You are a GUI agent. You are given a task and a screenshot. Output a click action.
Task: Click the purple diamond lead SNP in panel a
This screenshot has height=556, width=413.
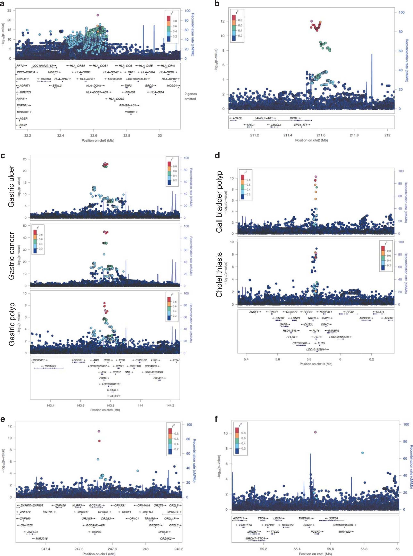(x=98, y=15)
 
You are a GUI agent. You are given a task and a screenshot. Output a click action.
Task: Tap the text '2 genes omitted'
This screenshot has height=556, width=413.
(x=191, y=96)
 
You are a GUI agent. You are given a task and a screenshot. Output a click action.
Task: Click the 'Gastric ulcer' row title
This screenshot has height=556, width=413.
(x=11, y=186)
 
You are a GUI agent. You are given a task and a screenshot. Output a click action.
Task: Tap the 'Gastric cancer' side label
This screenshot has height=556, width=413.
(x=11, y=256)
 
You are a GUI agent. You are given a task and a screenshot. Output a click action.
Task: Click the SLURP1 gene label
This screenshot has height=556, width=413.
(x=114, y=396)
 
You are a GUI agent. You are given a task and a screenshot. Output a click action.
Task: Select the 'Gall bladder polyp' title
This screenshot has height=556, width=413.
(x=219, y=202)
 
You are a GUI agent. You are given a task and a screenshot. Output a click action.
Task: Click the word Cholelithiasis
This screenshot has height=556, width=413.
(x=219, y=275)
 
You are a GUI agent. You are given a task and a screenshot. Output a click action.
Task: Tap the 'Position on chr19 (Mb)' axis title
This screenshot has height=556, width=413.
(x=316, y=364)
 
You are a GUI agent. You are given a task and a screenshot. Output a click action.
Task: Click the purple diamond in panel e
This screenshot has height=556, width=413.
(x=99, y=431)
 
